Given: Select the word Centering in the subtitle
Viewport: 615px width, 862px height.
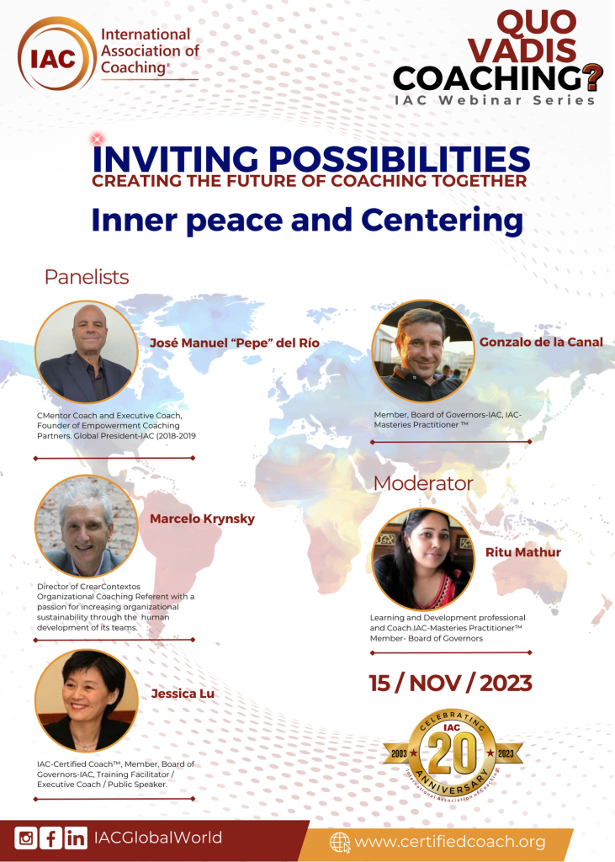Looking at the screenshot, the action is coord(442,221).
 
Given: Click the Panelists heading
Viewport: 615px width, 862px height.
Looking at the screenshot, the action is coord(87,277).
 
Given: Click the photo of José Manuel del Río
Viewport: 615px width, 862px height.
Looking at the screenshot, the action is coord(87,351).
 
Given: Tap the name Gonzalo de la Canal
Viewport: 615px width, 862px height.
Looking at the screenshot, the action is coord(541,342).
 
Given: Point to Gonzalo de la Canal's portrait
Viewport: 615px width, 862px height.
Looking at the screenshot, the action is coord(422,351).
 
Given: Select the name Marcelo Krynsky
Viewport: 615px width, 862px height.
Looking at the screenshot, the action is coord(202,519).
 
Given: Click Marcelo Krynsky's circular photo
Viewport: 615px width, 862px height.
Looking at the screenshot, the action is coord(87,526).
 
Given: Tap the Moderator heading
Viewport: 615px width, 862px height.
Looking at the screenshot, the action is coord(423,483).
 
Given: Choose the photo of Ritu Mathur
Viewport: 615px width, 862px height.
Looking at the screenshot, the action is coord(422,559).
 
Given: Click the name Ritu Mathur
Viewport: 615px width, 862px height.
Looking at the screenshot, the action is coord(523,552).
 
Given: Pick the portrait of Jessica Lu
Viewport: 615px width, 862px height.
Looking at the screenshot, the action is coord(87,700).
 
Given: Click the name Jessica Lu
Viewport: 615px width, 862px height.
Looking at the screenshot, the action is coord(183,694).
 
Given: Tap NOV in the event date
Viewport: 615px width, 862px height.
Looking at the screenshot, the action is coord(435,684).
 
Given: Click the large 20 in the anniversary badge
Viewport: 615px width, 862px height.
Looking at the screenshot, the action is coord(453,753).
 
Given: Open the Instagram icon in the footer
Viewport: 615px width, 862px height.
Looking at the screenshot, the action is coord(26,838).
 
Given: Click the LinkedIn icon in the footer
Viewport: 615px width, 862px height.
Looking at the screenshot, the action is coord(76,838).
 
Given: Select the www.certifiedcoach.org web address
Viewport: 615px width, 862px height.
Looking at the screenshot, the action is coord(450,842).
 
